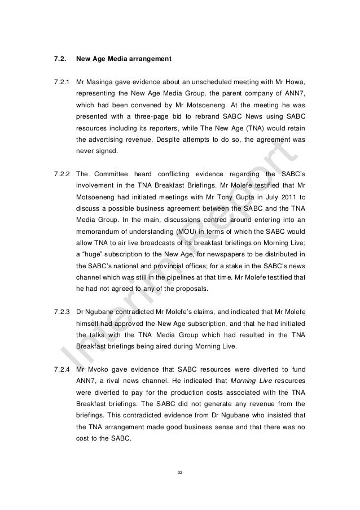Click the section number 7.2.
pos(59,58)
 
